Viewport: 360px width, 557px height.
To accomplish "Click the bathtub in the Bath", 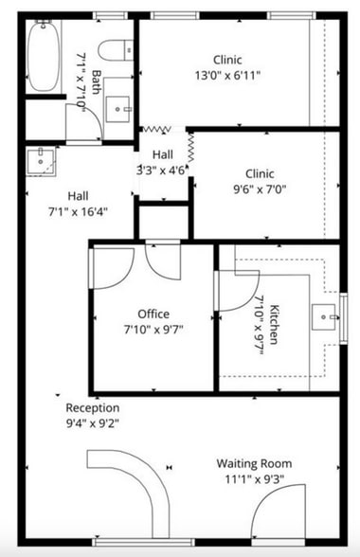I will tap(43, 57).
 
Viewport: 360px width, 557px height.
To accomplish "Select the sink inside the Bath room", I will tap(119, 108).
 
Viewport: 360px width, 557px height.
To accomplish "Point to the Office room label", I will tap(153, 314).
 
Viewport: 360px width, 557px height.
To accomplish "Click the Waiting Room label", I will tap(254, 463).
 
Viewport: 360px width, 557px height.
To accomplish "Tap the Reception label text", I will tap(93, 408).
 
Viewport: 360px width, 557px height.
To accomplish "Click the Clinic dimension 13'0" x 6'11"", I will tap(227, 74).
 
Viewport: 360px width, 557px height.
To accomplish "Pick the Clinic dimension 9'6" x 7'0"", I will tap(260, 189).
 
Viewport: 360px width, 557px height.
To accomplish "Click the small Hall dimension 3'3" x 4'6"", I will tap(163, 171).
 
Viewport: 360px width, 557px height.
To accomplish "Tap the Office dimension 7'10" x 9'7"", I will tap(153, 330).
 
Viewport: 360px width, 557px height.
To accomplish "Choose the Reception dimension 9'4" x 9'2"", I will tap(93, 422).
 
